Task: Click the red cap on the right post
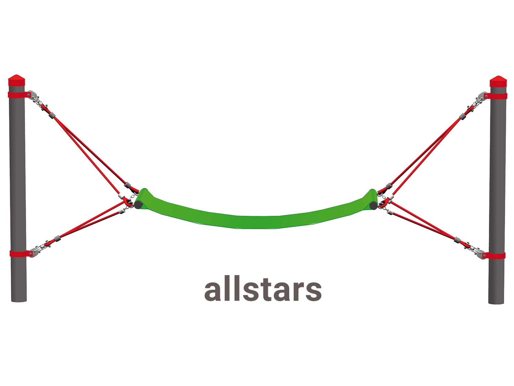(498, 81)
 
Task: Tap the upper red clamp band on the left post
(20, 95)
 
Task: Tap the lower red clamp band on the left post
(21, 253)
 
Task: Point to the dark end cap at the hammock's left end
(138, 205)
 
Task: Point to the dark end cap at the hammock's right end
(373, 206)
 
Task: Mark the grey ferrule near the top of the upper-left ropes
(52, 115)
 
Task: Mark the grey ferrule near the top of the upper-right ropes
(462, 116)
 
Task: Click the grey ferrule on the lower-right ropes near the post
(457, 240)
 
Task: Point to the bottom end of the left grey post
(19, 300)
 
